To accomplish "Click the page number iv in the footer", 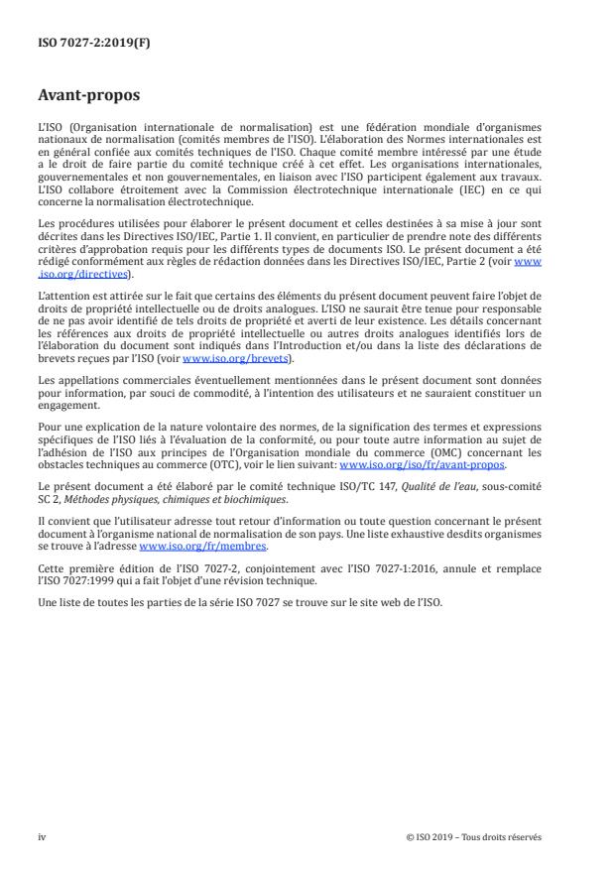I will point(42,836).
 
